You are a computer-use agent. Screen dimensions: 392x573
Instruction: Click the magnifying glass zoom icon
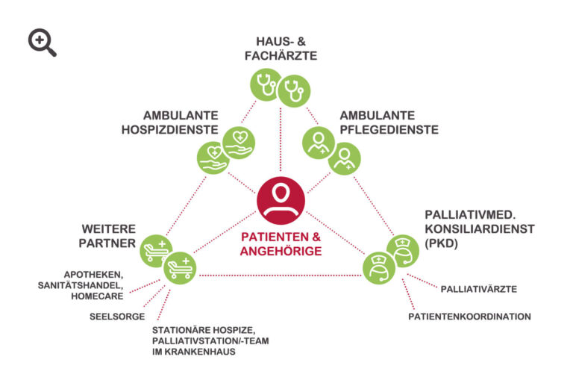pyautogui.click(x=42, y=43)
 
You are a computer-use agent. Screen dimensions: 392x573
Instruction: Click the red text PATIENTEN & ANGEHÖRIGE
pyautogui.click(x=281, y=244)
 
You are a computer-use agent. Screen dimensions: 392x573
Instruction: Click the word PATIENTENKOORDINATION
pyautogui.click(x=469, y=317)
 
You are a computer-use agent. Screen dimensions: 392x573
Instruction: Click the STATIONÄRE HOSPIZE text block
pyautogui.click(x=200, y=340)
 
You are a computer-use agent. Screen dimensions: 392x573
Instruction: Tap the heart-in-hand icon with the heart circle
pyautogui.click(x=239, y=140)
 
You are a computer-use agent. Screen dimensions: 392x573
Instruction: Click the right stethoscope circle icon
pyautogui.click(x=293, y=92)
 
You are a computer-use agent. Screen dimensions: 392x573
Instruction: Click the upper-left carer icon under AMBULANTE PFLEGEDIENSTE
pyautogui.click(x=319, y=141)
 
